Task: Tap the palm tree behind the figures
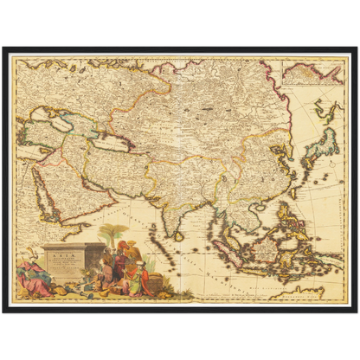(x=112, y=234)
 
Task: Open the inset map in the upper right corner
(x=314, y=72)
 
